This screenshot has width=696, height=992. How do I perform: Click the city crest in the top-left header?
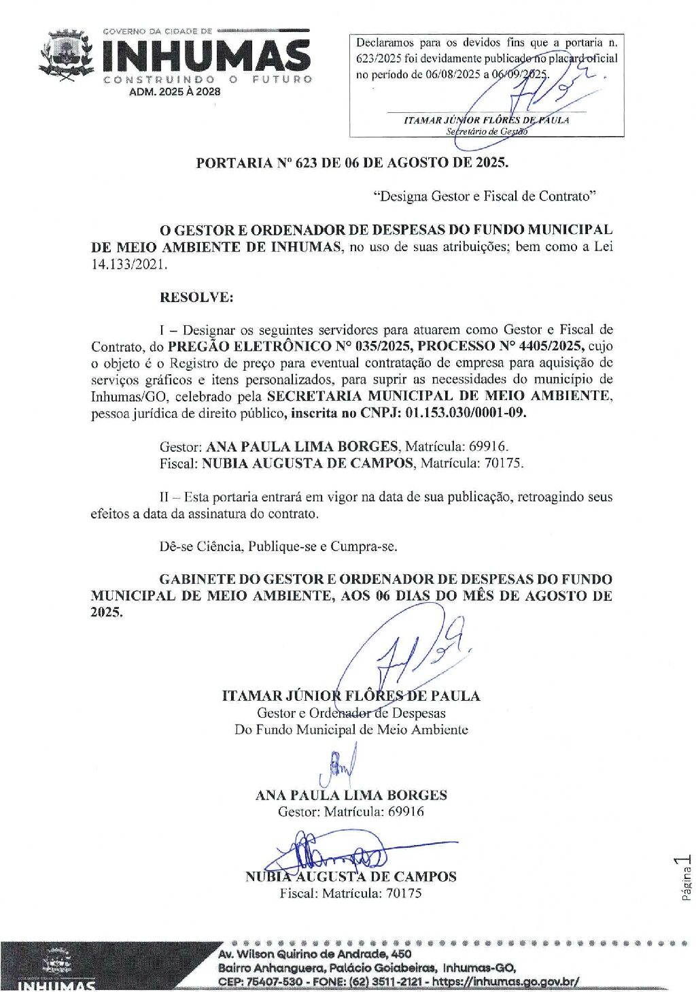(66, 55)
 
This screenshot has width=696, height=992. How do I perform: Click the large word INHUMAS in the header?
(207, 56)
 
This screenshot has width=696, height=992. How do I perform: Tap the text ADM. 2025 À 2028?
(175, 91)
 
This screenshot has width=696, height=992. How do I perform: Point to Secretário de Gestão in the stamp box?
(487, 131)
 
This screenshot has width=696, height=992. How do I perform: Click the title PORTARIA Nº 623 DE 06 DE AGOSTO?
(351, 163)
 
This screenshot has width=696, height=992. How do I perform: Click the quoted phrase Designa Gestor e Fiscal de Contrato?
(485, 197)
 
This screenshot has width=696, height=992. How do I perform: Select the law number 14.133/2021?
(129, 264)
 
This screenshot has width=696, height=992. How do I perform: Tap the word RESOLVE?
(196, 297)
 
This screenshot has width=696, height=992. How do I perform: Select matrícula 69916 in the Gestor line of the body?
(487, 446)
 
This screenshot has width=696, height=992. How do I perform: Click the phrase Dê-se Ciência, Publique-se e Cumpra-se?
(278, 546)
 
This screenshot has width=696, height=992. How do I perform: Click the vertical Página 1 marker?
(686, 878)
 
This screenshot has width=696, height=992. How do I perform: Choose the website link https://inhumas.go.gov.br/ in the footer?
(506, 982)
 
